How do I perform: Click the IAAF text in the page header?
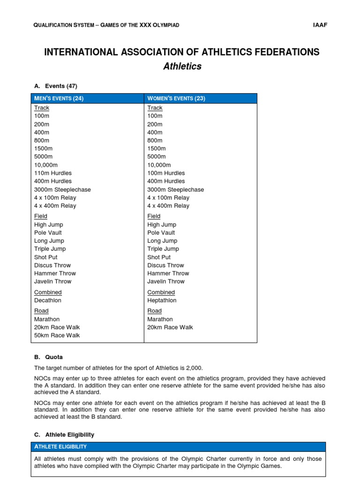pyautogui.click(x=321, y=25)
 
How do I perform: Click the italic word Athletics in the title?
pyautogui.click(x=182, y=67)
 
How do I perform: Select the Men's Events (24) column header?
pyautogui.click(x=59, y=98)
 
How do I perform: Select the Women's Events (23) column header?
pyautogui.click(x=176, y=98)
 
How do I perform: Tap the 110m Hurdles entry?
pyautogui.click(x=53, y=173)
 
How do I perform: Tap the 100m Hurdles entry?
pyautogui.click(x=166, y=173)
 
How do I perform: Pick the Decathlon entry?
pyautogui.click(x=48, y=300)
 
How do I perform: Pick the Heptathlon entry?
pyautogui.click(x=162, y=300)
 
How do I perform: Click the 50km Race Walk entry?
pyautogui.click(x=57, y=336)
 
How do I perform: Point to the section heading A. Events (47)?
pyautogui.click(x=56, y=86)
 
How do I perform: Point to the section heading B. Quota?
pyautogui.click(x=48, y=357)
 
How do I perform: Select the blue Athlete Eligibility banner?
pyautogui.click(x=179, y=447)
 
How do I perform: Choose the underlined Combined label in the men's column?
pyautogui.click(x=48, y=292)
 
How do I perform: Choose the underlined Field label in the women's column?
pyautogui.click(x=154, y=216)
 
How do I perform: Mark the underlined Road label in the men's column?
pyautogui.click(x=41, y=311)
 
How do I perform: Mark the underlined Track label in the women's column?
pyautogui.click(x=155, y=108)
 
